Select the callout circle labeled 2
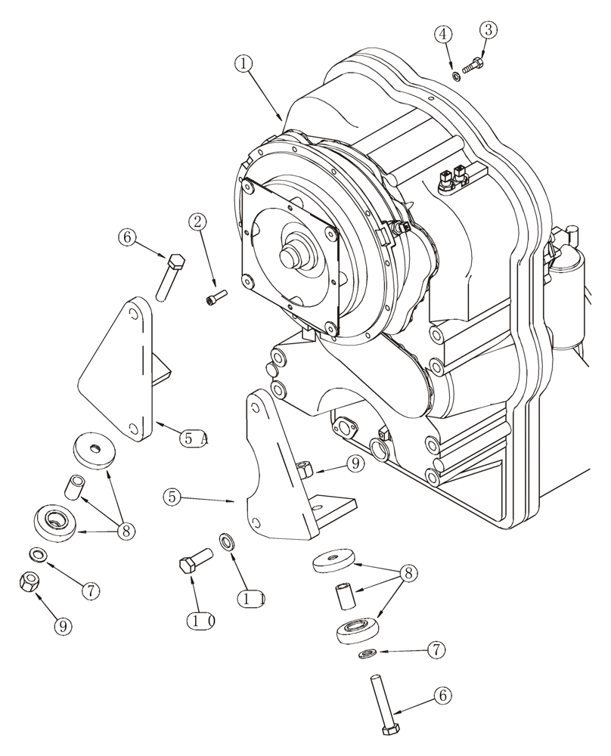(198, 222)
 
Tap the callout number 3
(489, 30)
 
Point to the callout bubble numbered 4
(444, 34)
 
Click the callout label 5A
(194, 438)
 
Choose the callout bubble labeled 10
(201, 620)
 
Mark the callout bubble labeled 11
(252, 599)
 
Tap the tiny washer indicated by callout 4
(457, 75)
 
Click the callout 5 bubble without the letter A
(173, 497)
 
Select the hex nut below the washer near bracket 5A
(29, 581)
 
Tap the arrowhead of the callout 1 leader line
(281, 119)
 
